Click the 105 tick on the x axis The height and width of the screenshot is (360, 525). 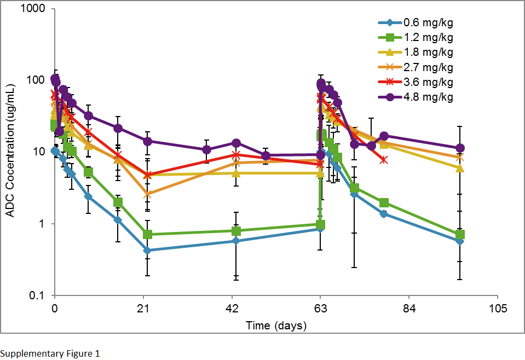[497, 308]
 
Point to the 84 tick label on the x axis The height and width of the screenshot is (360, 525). [408, 308]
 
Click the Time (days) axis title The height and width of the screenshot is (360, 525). [276, 326]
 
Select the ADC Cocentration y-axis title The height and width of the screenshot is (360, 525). [10, 153]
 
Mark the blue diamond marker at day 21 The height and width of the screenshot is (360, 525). [147, 251]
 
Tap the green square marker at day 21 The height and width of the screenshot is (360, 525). [147, 235]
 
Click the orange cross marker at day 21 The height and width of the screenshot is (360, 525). [147, 194]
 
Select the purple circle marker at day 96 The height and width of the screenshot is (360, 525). [460, 148]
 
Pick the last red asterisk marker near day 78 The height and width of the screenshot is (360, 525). [384, 160]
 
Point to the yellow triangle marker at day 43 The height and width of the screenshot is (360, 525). [236, 173]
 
